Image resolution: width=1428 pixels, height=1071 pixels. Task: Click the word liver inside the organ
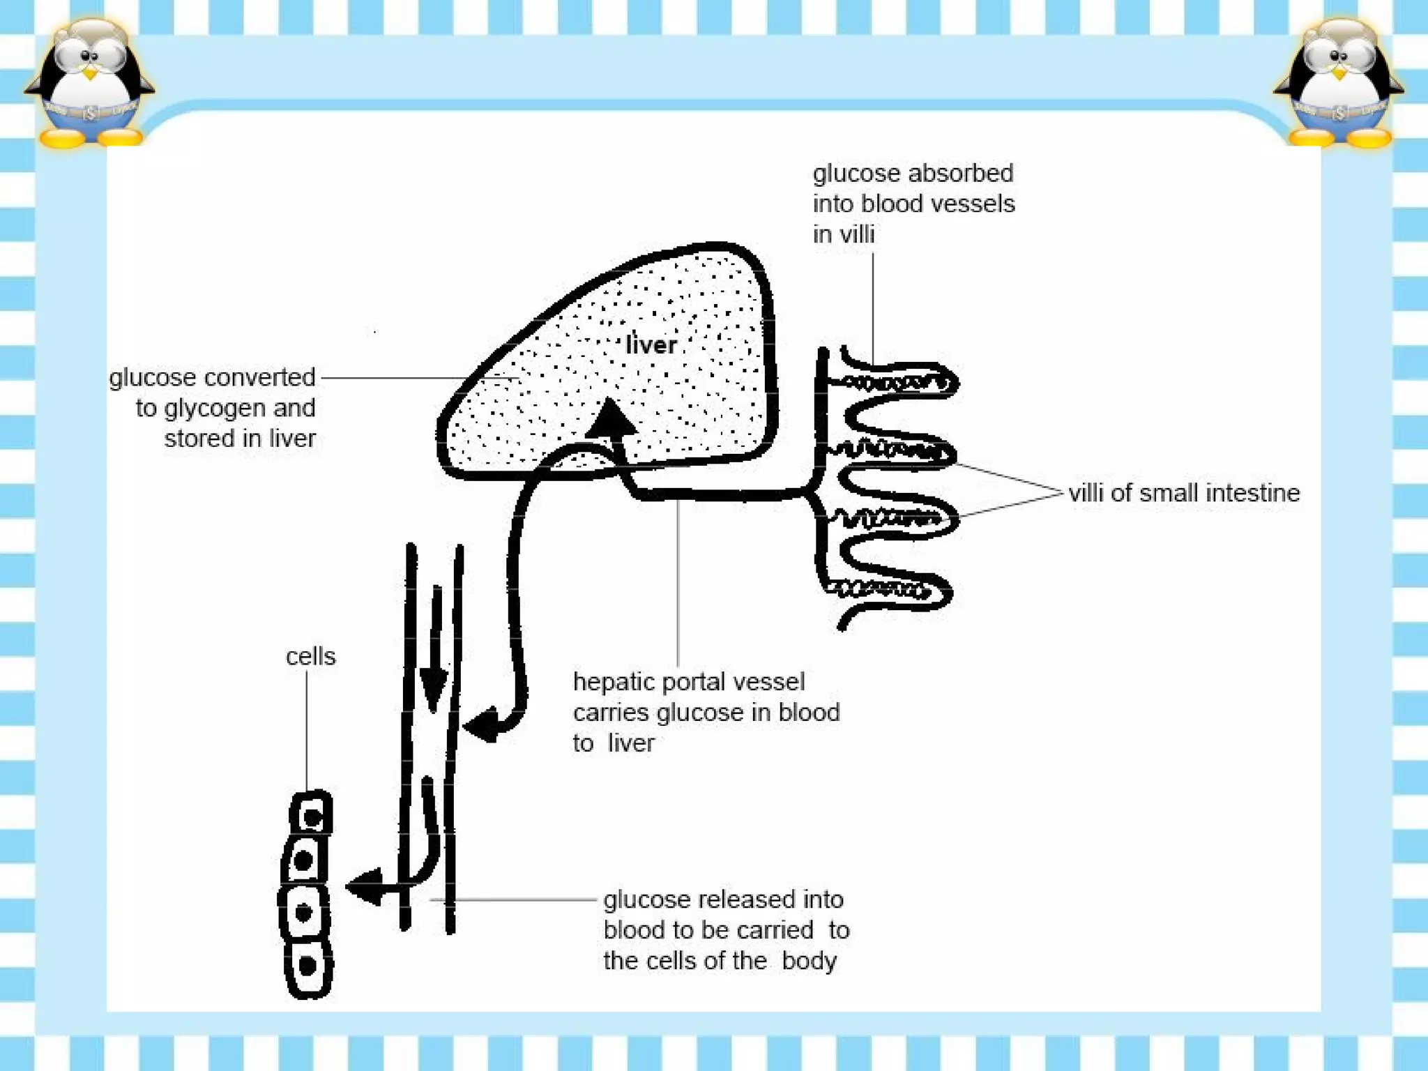tap(651, 344)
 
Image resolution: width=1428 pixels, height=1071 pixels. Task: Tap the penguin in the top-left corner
tap(89, 84)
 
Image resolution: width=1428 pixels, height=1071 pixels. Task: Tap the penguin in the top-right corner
tap(1338, 84)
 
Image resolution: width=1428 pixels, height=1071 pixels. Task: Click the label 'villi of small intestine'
tap(1184, 493)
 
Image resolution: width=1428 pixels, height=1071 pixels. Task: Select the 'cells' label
tap(311, 656)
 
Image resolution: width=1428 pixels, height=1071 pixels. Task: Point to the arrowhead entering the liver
tap(610, 418)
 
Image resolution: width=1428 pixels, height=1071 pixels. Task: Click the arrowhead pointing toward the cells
tap(364, 887)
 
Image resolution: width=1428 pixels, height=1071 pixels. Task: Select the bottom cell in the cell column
tap(308, 967)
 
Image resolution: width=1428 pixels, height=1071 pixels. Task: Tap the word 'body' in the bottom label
tap(809, 961)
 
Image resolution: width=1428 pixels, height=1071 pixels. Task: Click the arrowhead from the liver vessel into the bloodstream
tap(484, 725)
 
